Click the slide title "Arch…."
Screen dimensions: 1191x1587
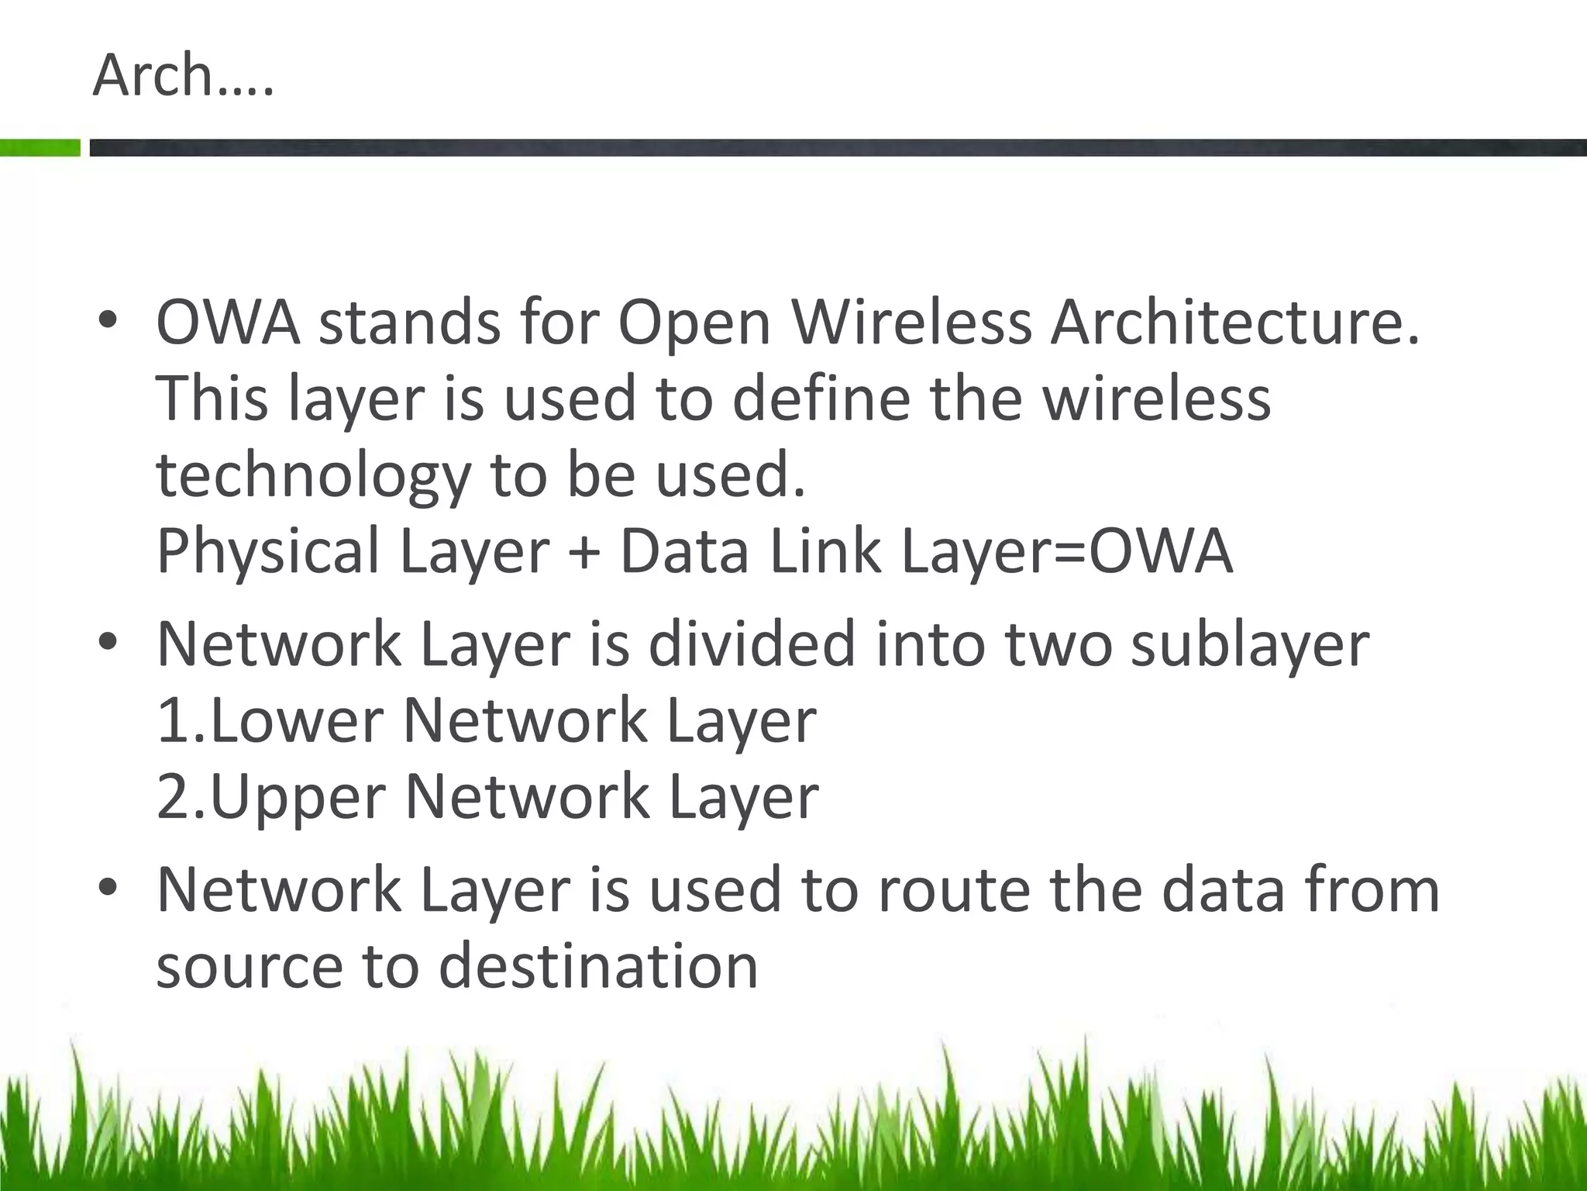[183, 76]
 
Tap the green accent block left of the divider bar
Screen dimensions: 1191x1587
[40, 147]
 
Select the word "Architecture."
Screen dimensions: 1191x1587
[1235, 322]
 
